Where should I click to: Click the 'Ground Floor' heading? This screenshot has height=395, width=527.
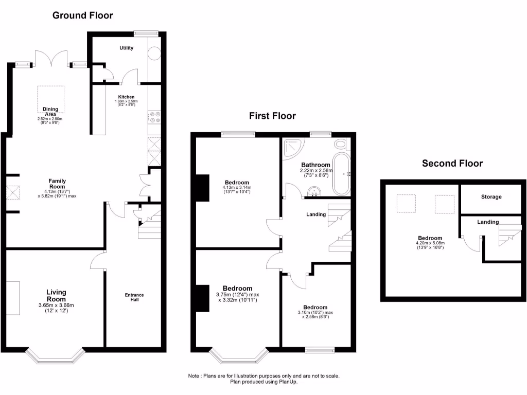tap(82, 15)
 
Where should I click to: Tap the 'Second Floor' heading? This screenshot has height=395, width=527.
tap(452, 164)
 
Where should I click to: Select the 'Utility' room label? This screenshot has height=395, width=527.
tap(127, 48)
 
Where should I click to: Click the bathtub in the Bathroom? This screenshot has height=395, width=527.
tap(342, 173)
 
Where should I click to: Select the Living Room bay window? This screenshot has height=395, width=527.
tap(55, 355)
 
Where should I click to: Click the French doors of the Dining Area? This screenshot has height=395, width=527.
tap(51, 59)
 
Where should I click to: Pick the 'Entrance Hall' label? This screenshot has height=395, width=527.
tap(134, 297)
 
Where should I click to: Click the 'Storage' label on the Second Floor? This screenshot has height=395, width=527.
tap(491, 197)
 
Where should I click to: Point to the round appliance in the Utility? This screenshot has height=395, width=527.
tap(154, 55)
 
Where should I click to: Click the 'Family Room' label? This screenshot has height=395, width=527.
tap(57, 184)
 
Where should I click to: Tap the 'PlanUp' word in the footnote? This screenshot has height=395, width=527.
tap(289, 382)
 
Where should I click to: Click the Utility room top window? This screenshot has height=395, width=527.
tap(145, 34)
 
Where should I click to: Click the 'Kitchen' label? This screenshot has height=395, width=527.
tap(127, 97)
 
